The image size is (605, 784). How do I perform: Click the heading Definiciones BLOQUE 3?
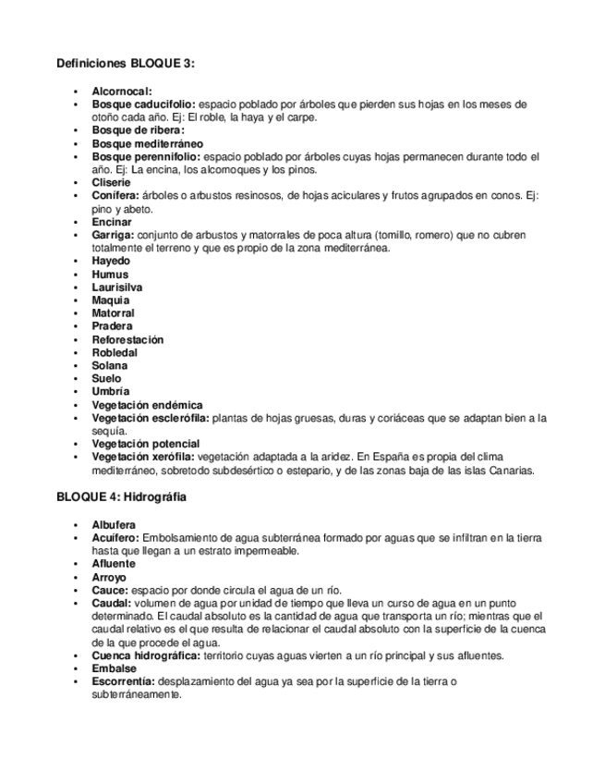click(x=126, y=63)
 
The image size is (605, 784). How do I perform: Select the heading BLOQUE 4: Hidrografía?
click(x=121, y=496)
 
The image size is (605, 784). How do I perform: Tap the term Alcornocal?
click(x=122, y=92)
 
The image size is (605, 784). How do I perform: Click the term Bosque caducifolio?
click(x=143, y=104)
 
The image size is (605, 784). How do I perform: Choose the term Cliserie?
click(x=112, y=183)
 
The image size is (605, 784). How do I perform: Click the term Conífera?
click(x=115, y=196)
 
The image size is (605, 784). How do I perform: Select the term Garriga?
click(x=113, y=235)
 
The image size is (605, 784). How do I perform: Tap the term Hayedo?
click(x=111, y=262)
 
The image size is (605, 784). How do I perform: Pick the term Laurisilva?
click(x=117, y=288)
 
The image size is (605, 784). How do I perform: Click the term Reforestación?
click(x=127, y=339)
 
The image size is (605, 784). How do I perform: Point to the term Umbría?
click(x=111, y=391)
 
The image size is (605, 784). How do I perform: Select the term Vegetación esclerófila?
click(x=151, y=418)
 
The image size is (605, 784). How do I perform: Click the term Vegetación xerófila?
click(x=143, y=457)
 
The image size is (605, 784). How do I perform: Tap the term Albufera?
click(x=114, y=524)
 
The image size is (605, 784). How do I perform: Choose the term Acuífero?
click(x=115, y=537)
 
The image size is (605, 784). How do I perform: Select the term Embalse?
click(x=114, y=668)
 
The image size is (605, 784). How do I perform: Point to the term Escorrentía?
click(x=123, y=681)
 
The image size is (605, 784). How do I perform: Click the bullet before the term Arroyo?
click(x=77, y=577)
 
